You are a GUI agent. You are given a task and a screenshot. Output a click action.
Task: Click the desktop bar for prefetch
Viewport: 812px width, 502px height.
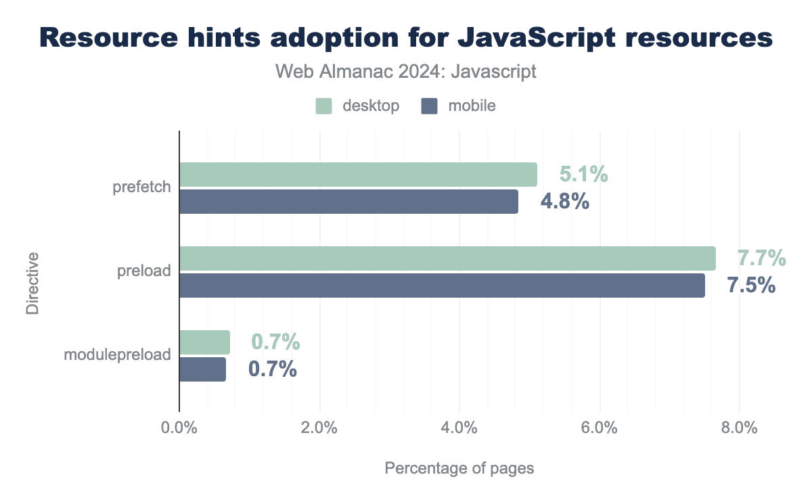pos(358,175)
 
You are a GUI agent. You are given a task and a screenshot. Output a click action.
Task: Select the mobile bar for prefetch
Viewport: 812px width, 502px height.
pos(348,202)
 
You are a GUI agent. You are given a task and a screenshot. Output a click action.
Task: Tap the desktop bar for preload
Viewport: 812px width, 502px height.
pos(447,258)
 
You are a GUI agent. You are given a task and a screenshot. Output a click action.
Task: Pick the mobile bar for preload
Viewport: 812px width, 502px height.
pos(442,286)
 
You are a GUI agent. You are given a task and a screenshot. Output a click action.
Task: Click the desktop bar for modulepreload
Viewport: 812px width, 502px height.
pos(204,342)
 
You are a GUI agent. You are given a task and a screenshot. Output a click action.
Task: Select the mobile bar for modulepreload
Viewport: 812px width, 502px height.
pos(202,369)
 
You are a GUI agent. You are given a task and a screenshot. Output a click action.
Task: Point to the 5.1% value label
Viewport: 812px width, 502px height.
pos(583,175)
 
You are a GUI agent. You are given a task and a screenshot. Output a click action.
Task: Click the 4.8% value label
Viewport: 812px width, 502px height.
pos(564,202)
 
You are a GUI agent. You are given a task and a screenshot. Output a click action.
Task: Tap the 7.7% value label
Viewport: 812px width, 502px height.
pos(761,258)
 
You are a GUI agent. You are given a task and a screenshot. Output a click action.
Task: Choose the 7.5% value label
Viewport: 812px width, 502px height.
pos(750,286)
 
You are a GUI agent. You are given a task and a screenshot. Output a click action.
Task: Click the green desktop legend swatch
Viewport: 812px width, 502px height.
pos(323,106)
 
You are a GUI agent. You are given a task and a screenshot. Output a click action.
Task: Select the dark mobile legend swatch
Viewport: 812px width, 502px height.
pos(428,106)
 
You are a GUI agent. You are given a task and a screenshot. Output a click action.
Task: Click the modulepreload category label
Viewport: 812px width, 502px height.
pos(117,355)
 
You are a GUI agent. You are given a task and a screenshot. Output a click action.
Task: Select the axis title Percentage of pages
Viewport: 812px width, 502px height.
pos(459,468)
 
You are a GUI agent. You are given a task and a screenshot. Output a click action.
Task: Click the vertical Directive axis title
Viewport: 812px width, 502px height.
pos(32,283)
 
